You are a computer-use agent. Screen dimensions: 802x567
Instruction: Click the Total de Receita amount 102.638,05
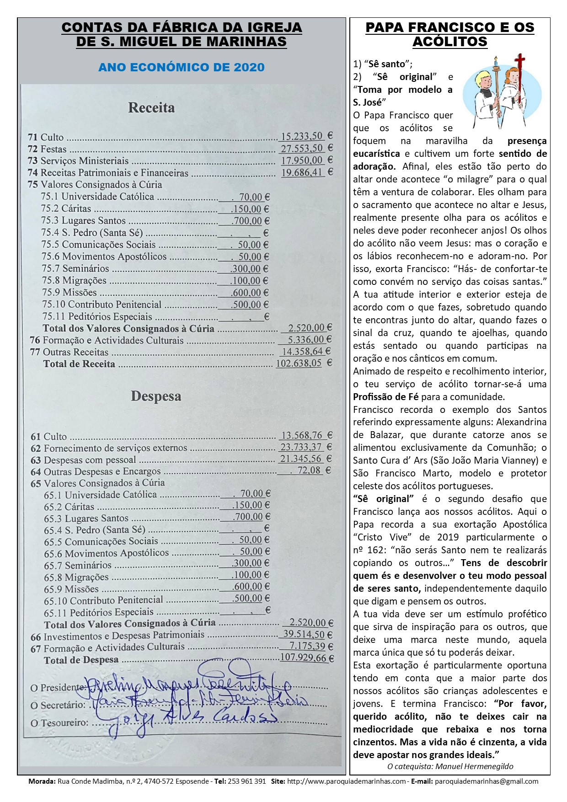point(299,364)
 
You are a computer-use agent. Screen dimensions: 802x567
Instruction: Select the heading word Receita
point(151,107)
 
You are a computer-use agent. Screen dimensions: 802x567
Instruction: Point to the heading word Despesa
point(156,396)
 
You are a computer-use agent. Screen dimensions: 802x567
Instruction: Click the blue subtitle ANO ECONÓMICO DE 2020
point(182,67)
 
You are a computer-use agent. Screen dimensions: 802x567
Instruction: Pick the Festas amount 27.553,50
point(302,149)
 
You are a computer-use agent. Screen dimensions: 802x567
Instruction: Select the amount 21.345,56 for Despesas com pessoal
point(301,458)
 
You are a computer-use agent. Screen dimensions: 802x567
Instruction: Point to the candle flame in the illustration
point(496,60)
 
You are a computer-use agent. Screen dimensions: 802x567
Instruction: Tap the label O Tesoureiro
point(59,723)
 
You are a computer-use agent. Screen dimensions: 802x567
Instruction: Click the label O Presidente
point(57,688)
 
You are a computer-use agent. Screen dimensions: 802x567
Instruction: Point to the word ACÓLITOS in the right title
point(450,42)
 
